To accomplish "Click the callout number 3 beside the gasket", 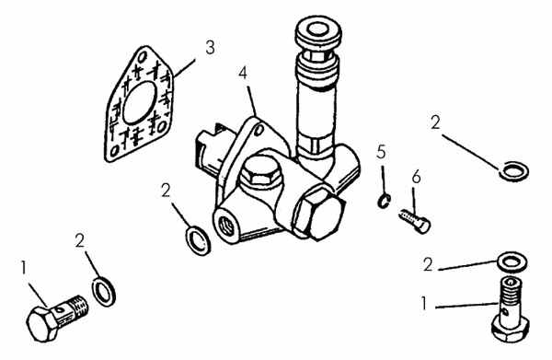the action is point(210,48).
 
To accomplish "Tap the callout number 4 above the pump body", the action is point(243,74).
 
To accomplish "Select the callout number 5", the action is point(381,152).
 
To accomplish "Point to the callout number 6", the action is point(416,177).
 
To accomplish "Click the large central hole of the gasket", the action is point(140,103).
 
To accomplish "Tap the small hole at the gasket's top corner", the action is point(143,56).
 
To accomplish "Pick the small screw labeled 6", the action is point(415,220).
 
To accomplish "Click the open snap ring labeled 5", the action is point(384,201).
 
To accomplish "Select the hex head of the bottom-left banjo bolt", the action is point(42,324).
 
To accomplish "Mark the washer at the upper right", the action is point(514,171).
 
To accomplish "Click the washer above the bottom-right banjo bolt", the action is point(512,262).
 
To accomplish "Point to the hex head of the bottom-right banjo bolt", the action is point(510,329).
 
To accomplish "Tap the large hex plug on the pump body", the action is point(318,214).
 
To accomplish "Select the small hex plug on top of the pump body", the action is point(262,172).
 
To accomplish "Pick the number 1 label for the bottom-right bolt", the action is point(424,304).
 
